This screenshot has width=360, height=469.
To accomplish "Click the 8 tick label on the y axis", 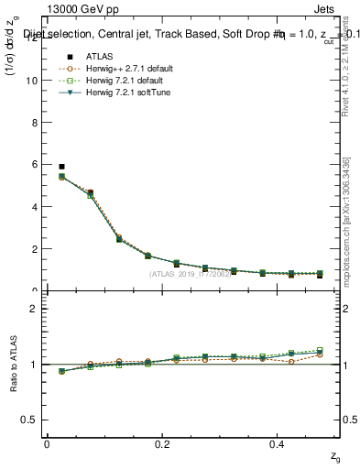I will tap(32, 122).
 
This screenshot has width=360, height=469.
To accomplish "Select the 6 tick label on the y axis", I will tap(32, 164).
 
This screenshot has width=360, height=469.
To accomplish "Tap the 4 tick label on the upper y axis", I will tap(32, 206).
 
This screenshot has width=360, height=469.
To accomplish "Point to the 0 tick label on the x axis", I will tap(48, 442).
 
